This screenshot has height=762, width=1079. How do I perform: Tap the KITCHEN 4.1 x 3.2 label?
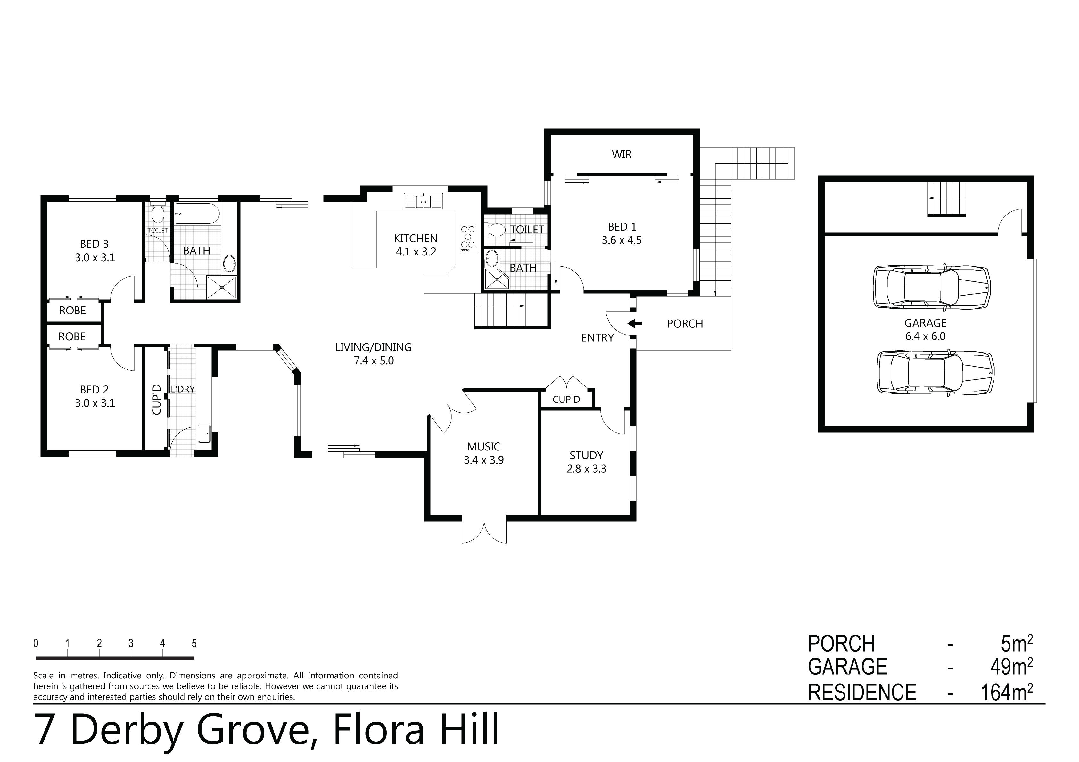click(x=416, y=245)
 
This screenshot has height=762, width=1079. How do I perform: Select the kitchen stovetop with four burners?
click(x=468, y=237)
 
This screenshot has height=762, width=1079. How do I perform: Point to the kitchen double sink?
click(x=424, y=201)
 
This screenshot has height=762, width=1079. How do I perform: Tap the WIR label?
click(x=621, y=154)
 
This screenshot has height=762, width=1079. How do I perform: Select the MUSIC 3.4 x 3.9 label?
click(x=483, y=453)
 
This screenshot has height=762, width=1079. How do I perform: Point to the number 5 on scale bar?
click(x=194, y=644)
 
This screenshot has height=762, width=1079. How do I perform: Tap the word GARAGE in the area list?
click(x=847, y=667)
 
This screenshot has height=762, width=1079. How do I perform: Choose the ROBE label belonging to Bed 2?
click(x=72, y=336)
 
